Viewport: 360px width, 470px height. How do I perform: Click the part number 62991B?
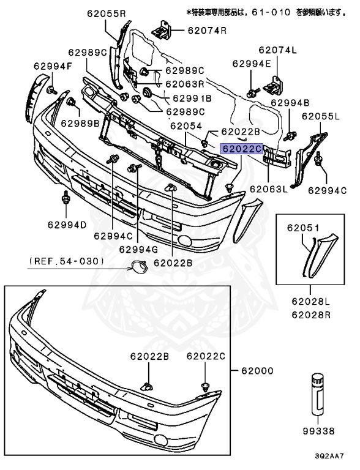click(x=192, y=98)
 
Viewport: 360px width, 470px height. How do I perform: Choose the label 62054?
click(x=186, y=125)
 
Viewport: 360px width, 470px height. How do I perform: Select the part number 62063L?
click(x=268, y=189)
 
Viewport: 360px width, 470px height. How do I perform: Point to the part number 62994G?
click(x=138, y=248)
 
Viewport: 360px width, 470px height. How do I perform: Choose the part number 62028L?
click(x=310, y=302)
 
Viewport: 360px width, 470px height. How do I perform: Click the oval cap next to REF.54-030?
click(x=136, y=266)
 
